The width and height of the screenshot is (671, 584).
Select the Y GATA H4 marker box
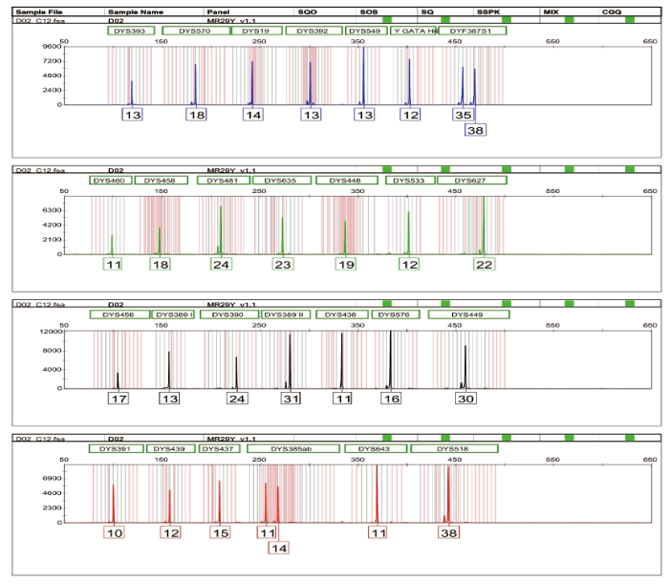click(414, 32)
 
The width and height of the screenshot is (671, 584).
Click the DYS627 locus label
click(470, 180)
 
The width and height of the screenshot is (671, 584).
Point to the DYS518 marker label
click(452, 448)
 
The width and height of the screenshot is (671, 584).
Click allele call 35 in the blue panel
click(464, 115)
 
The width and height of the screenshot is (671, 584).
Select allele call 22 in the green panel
click(485, 264)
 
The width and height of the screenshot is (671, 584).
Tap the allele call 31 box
click(291, 398)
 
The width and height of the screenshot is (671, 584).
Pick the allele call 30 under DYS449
click(465, 398)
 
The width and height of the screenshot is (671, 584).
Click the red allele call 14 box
click(278, 548)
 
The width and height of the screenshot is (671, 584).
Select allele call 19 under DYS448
click(345, 264)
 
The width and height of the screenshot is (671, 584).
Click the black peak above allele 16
click(390, 358)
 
